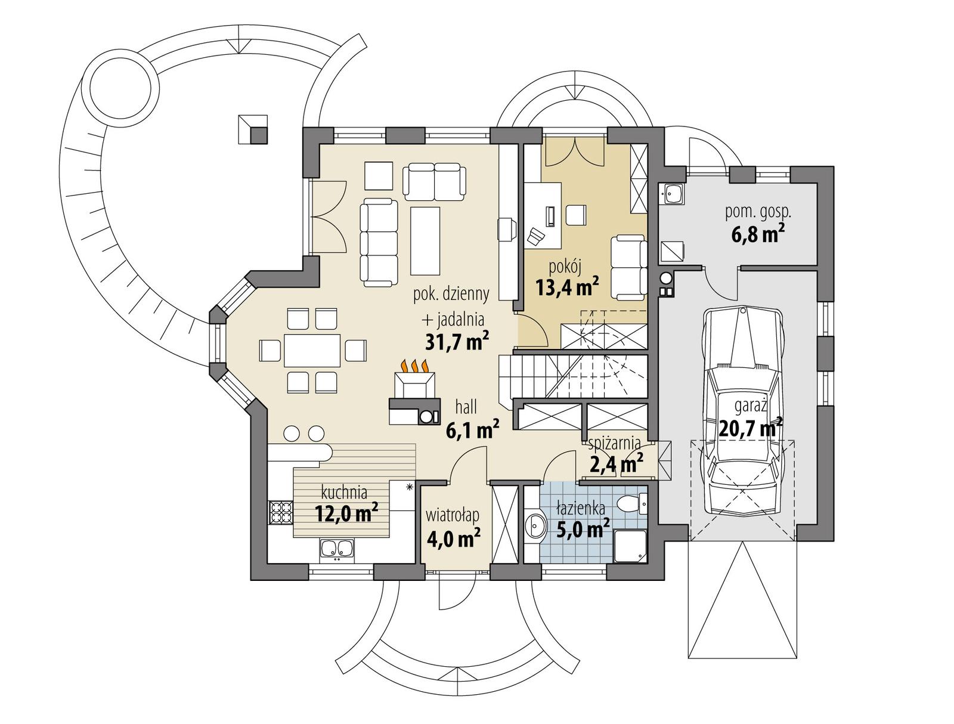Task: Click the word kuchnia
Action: (343, 493)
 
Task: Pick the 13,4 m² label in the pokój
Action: (567, 287)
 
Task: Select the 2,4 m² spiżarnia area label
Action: (615, 462)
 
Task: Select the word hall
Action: (466, 408)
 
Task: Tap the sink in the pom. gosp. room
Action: (674, 194)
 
